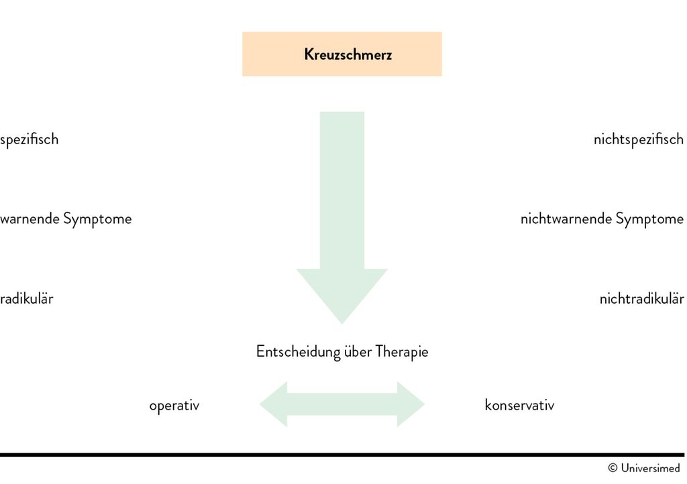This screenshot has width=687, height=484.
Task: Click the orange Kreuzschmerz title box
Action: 341,54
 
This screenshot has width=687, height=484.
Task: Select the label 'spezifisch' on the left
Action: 30,139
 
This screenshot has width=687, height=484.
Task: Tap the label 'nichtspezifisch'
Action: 638,139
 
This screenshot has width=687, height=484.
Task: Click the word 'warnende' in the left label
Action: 30,219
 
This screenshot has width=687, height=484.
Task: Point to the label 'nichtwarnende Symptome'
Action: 602,219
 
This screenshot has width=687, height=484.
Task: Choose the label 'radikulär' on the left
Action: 27,298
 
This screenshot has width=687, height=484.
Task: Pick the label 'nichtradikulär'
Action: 641,298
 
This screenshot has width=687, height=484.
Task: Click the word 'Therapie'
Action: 401,352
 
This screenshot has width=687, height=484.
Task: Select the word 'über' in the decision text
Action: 358,352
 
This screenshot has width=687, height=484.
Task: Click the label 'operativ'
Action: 174,406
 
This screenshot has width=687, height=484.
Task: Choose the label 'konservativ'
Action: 519,406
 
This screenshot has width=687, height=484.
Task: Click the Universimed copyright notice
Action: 643,468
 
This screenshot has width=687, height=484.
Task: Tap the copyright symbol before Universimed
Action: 613,468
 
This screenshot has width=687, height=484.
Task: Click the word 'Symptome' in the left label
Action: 97,219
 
